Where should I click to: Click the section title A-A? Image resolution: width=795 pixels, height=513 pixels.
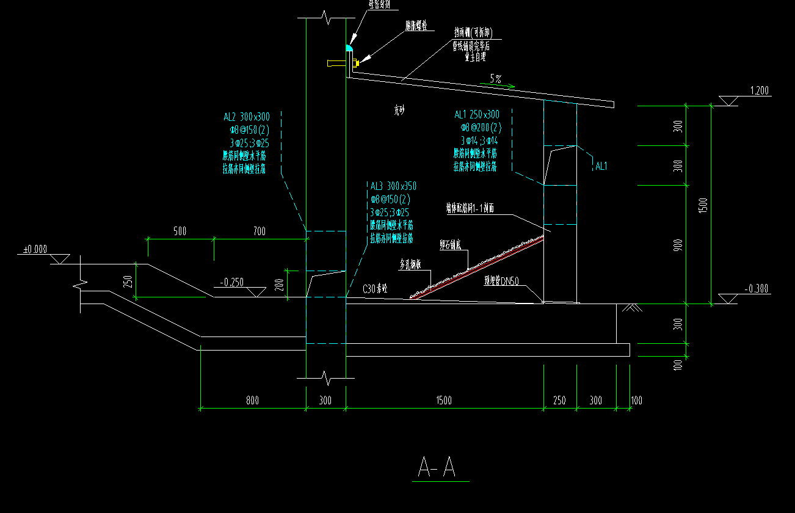[437, 467]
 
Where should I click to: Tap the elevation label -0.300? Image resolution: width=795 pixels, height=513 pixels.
[758, 289]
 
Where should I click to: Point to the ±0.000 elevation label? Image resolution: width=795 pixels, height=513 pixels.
[35, 249]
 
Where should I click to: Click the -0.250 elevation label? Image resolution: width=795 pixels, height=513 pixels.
[232, 282]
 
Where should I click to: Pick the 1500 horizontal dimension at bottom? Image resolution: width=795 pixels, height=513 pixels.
[444, 401]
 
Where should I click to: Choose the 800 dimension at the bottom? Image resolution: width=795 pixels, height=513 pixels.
[252, 401]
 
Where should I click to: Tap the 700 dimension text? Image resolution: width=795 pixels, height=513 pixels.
[260, 231]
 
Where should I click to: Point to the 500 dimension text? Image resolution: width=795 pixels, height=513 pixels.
[180, 231]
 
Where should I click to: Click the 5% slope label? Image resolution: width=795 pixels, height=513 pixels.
[495, 78]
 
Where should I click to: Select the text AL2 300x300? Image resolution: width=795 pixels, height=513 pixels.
[247, 117]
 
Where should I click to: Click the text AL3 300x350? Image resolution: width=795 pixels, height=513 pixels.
[393, 186]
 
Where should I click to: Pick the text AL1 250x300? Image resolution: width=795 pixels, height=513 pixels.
[477, 115]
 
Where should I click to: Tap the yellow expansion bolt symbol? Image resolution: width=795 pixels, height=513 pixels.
[356, 62]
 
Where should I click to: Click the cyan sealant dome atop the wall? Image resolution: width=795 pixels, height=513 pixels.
[350, 47]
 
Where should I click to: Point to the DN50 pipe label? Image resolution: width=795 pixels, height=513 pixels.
[501, 282]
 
